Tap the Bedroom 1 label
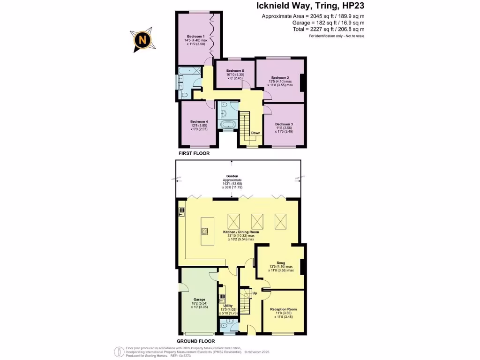[x=195, y=37]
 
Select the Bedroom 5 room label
[x=235, y=71]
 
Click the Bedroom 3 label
[x=284, y=124]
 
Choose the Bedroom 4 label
[x=199, y=122]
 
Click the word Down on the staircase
[x=255, y=133]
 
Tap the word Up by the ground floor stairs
[x=255, y=293]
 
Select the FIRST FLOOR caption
[x=194, y=153]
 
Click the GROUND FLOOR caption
[x=195, y=341]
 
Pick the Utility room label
[x=227, y=305]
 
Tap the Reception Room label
[x=283, y=309]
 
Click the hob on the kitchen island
[x=204, y=230]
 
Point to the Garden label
[x=232, y=177]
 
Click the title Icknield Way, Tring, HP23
[x=310, y=6]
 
